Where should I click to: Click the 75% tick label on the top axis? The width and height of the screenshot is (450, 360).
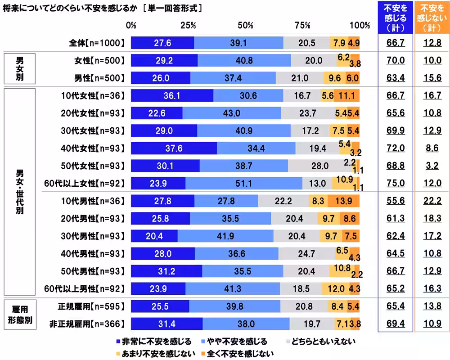coord(303,25)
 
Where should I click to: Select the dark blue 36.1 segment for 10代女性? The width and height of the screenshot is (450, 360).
coord(172,95)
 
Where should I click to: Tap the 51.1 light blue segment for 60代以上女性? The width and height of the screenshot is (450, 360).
coord(244,183)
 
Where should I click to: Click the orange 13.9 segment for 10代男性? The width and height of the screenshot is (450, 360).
coord(343,201)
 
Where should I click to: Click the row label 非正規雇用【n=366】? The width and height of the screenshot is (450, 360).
coord(90,324)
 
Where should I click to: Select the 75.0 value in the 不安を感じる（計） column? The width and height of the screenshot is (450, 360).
coord(396,183)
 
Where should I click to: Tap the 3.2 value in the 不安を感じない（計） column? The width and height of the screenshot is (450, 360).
coord(432,166)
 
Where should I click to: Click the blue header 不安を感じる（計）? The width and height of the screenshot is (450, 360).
coord(396,18)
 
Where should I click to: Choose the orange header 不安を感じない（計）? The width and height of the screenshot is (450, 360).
coord(432,18)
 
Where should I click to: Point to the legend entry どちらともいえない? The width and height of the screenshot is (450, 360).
coord(320,342)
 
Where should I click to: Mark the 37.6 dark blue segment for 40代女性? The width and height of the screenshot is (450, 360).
coord(174,148)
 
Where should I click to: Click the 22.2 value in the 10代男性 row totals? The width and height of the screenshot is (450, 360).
coord(432,201)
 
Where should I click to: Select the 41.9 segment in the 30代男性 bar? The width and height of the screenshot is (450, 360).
coord(225,236)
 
